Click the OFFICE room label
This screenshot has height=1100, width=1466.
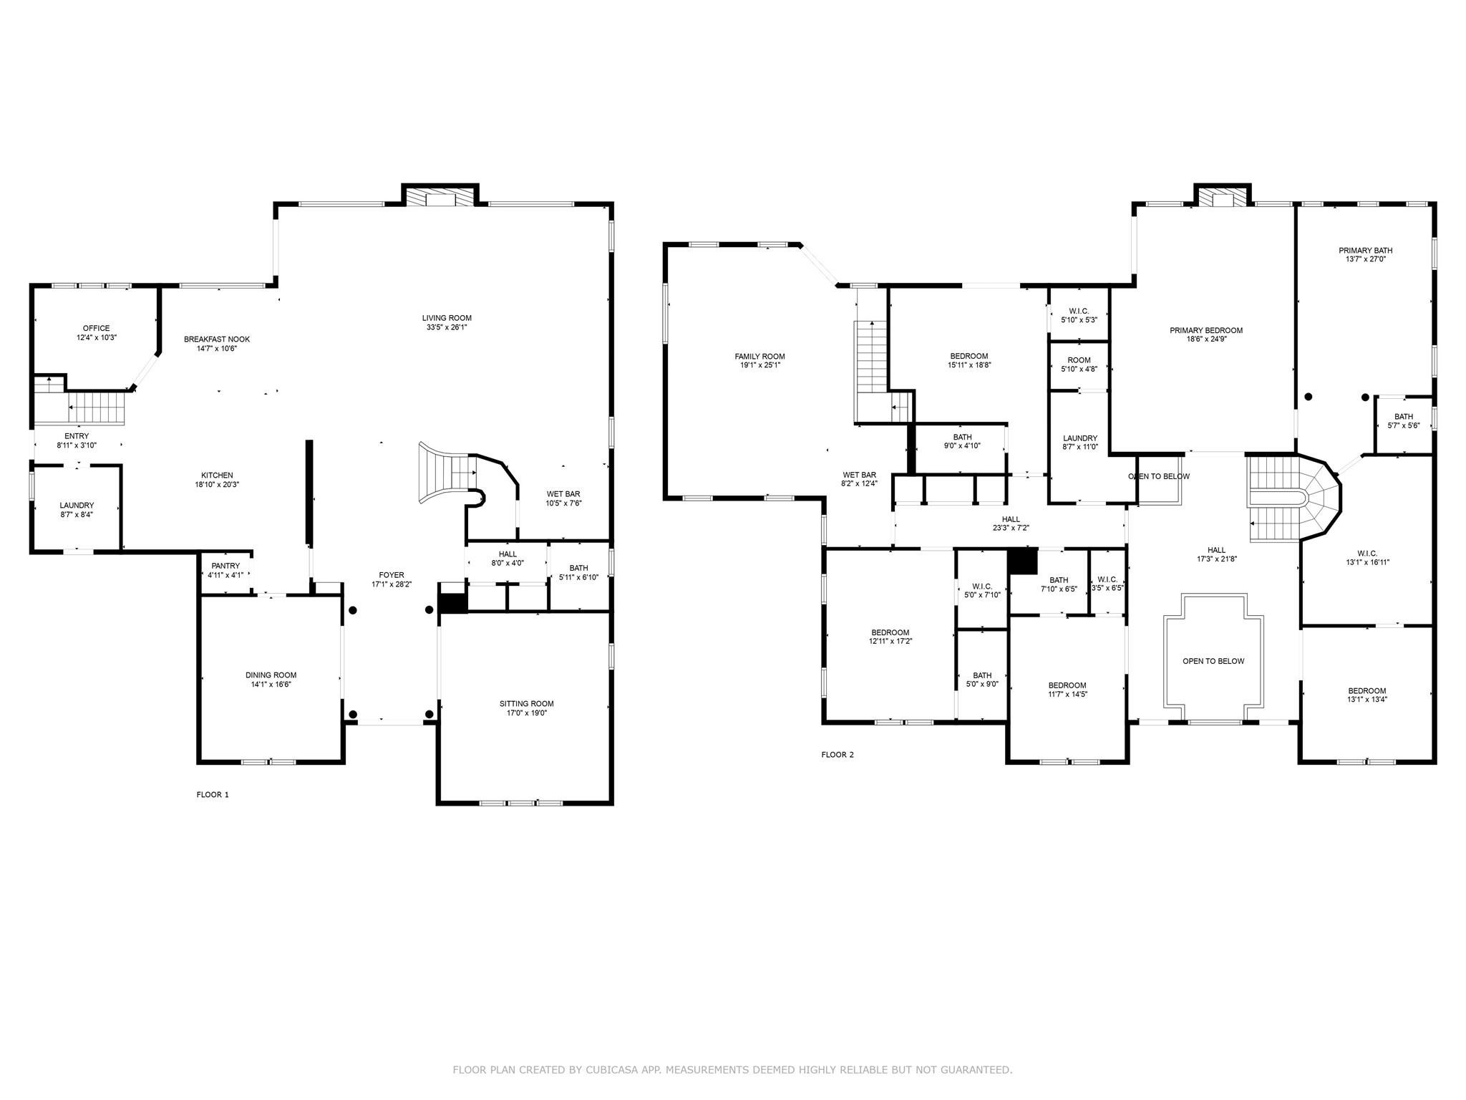tap(96, 329)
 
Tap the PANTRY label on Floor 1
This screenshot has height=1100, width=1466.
tap(225, 566)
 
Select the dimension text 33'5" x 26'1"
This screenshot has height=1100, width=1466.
tap(447, 327)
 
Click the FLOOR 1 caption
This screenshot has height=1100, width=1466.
tap(213, 794)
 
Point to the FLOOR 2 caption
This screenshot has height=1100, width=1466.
tap(837, 754)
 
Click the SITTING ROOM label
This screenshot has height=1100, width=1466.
tap(526, 703)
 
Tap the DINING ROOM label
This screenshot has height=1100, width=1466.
tap(271, 675)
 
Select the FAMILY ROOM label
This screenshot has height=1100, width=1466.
tap(759, 356)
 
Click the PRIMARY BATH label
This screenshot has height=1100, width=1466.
tap(1365, 251)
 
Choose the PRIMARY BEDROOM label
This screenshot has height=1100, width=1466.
tap(1205, 330)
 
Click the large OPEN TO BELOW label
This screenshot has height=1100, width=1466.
tap(1213, 661)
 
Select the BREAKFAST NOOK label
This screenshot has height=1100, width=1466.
tap(217, 339)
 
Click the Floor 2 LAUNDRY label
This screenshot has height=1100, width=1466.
tap(1079, 438)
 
